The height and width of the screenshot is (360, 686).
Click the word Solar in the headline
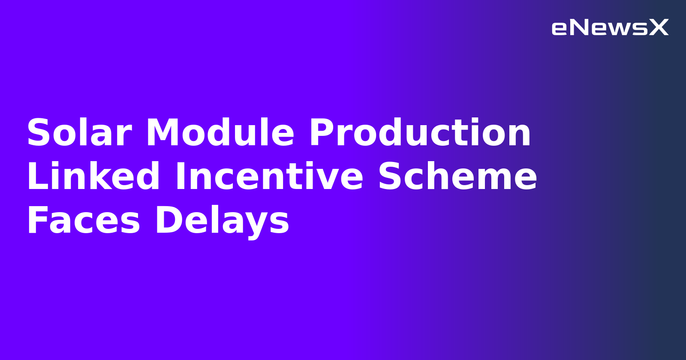[79, 133]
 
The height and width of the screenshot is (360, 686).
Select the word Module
[220, 133]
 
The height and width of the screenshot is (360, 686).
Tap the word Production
[420, 133]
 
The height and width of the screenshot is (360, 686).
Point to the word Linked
[93, 177]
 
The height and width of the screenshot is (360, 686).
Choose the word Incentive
[269, 177]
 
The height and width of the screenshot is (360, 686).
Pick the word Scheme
[457, 177]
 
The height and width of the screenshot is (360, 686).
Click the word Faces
[84, 220]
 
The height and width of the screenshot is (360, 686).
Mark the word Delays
[222, 220]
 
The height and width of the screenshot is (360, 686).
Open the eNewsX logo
[610, 28]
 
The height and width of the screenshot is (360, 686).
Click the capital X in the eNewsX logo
[659, 28]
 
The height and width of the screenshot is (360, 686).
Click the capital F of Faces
[36, 220]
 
